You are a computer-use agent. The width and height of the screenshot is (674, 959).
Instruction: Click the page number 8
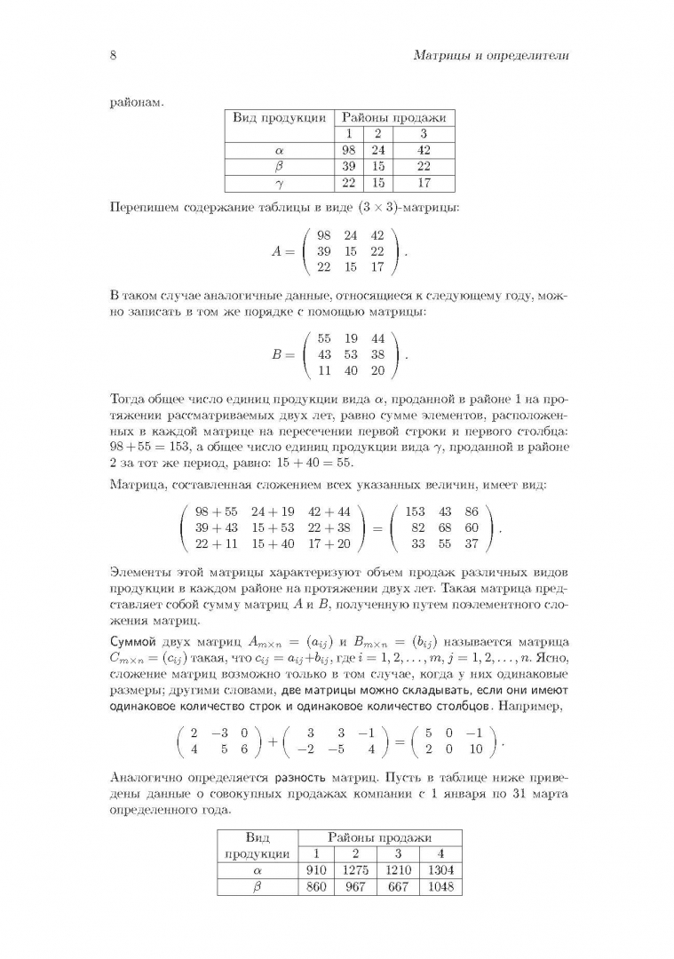113,56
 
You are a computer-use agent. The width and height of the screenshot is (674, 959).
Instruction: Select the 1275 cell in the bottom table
355,870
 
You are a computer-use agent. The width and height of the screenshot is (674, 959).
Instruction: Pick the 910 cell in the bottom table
316,870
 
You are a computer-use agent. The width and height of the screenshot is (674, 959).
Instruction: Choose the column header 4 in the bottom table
440,853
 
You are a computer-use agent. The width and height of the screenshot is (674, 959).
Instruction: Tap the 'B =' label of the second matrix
282,353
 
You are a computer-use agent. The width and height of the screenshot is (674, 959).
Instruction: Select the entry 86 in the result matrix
471,511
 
